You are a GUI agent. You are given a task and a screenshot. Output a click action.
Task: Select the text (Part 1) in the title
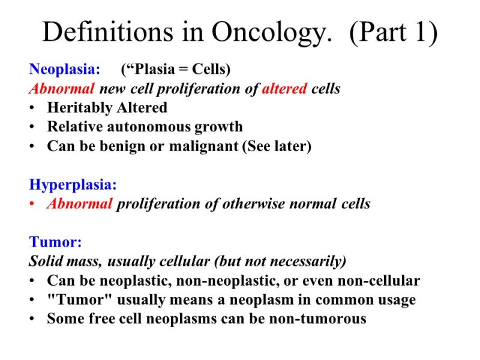394,32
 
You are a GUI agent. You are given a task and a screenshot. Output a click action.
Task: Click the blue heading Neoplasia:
65,70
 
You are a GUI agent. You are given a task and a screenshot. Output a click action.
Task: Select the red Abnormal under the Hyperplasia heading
80,203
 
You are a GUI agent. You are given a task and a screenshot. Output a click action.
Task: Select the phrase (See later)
277,146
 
